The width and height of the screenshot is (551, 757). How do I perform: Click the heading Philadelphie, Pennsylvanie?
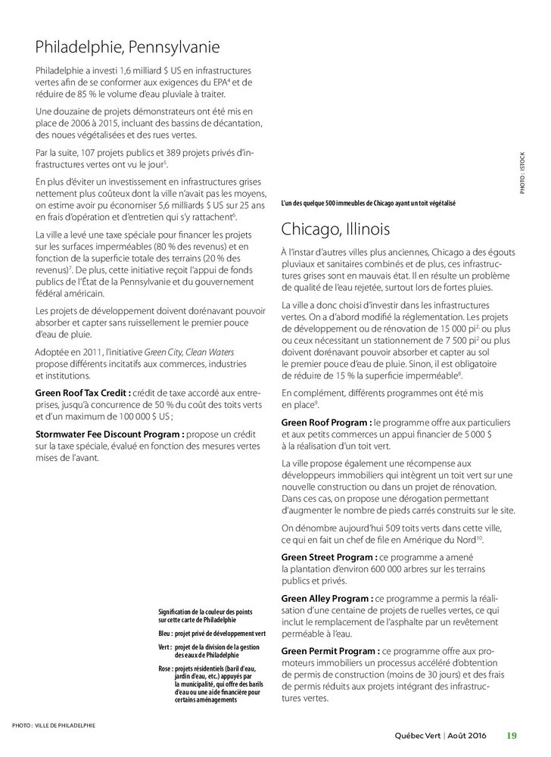tap(127, 48)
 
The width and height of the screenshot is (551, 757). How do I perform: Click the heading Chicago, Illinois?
tap(335, 228)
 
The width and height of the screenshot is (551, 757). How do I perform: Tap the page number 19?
tap(512, 735)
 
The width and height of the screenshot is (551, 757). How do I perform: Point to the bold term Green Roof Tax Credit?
tap(83, 393)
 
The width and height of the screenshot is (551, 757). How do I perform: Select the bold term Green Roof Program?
tap(325, 421)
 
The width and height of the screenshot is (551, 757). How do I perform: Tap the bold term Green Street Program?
tap(327, 557)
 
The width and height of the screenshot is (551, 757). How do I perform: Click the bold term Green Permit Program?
tap(328, 650)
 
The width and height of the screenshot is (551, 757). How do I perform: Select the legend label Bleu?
tap(165, 632)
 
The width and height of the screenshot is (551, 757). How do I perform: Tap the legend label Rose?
tap(165, 669)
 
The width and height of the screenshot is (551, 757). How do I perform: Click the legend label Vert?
tap(164, 648)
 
